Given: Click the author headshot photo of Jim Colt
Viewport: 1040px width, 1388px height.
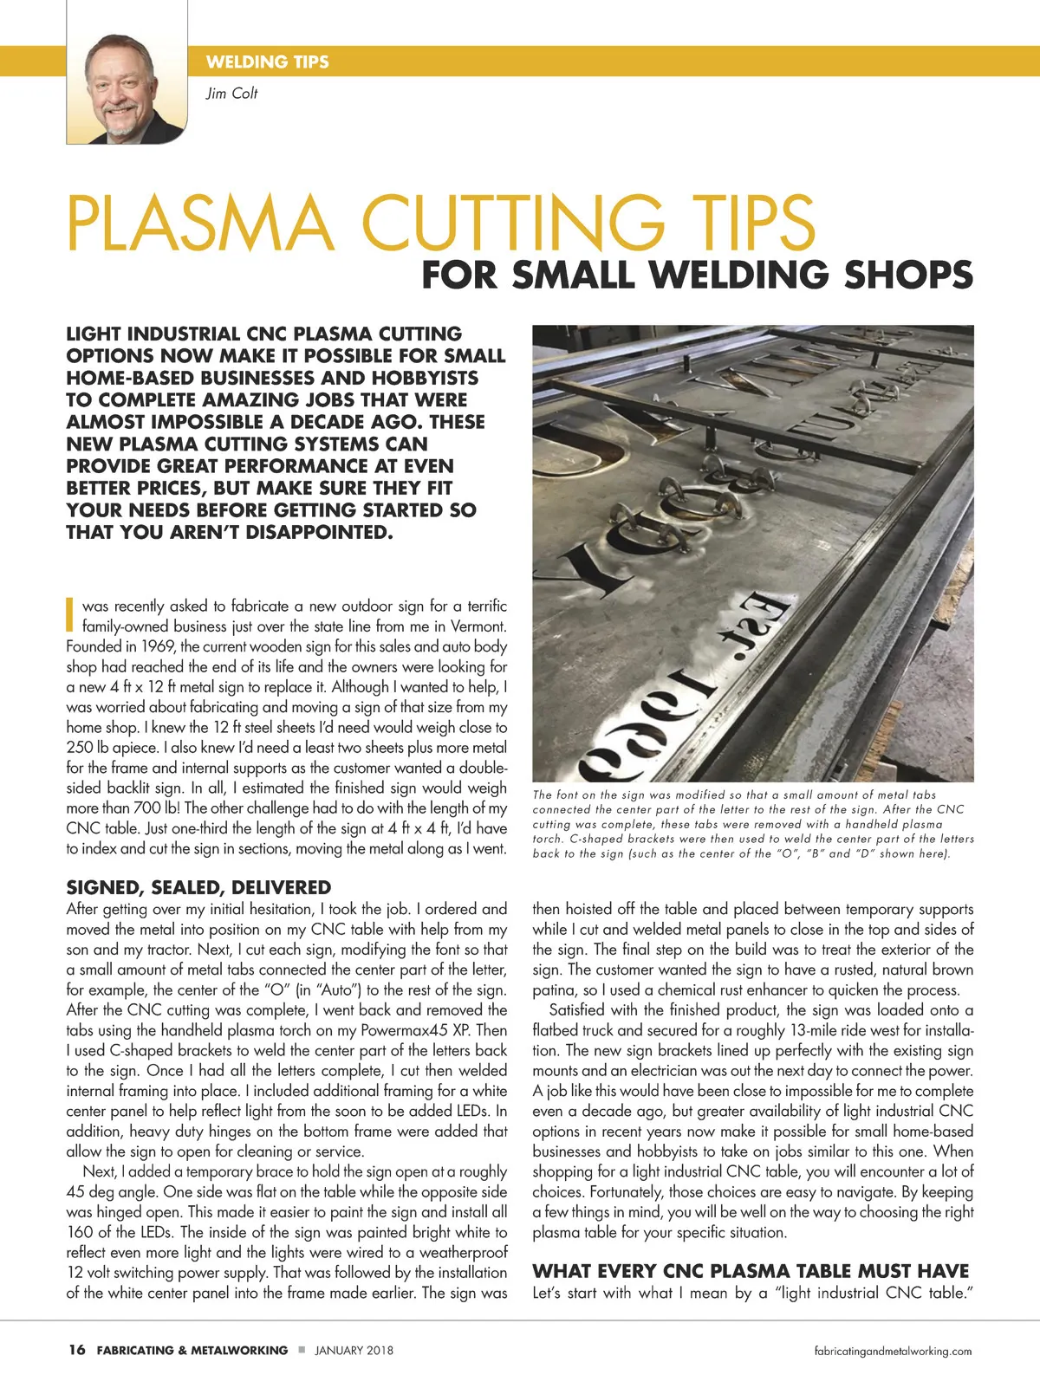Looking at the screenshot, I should [127, 87].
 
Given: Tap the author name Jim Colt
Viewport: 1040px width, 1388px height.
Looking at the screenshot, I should [231, 94].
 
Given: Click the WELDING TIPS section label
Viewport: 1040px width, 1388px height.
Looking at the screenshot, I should [267, 62].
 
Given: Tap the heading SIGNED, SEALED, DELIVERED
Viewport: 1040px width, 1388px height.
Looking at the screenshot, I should [198, 887].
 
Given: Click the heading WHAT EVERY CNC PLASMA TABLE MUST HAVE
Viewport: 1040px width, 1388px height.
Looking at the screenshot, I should [751, 1271].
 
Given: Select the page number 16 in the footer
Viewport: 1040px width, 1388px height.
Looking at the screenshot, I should [76, 1350].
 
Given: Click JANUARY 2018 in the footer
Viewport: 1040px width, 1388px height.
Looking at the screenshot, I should [354, 1350].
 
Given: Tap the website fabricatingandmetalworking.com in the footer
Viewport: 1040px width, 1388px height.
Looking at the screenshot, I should [893, 1351].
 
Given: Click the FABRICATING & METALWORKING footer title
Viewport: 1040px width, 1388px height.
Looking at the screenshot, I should [192, 1350].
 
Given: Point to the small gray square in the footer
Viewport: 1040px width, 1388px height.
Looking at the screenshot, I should [301, 1349].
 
